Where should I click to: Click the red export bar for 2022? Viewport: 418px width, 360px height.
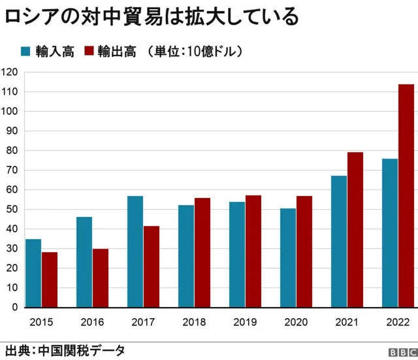(x=406, y=195)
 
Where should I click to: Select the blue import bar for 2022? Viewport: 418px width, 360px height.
(x=389, y=233)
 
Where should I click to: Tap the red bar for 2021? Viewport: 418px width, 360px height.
(x=355, y=229)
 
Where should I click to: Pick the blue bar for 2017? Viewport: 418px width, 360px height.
(x=135, y=252)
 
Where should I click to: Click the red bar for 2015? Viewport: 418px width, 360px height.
(x=50, y=280)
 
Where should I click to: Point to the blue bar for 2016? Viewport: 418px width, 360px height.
(x=84, y=262)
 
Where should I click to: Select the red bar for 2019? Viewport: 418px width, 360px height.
(x=253, y=251)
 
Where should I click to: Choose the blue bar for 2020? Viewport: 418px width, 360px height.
(x=287, y=257)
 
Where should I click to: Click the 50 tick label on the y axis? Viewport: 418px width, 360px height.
(x=12, y=209)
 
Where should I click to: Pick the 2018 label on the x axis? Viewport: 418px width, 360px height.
(x=194, y=322)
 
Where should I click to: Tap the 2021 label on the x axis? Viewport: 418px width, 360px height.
(x=347, y=322)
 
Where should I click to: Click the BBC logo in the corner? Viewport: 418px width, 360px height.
(x=400, y=352)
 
